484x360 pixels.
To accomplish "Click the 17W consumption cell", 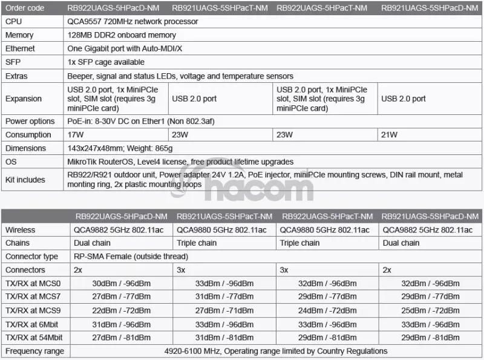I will pyautogui.click(x=76, y=134).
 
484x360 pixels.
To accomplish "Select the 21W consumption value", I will pyautogui.click(x=390, y=134).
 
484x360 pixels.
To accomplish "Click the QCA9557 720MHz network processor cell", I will pyautogui.click(x=133, y=21).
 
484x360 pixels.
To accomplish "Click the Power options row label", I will pyautogui.click(x=30, y=121).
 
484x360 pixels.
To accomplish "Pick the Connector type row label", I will pyautogui.click(x=31, y=257).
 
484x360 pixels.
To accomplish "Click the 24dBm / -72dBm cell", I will pyautogui.click(x=327, y=310).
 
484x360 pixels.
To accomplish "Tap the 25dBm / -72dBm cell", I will pyautogui.click(x=431, y=310).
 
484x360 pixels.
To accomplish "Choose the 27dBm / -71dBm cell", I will pyautogui.click(x=223, y=310).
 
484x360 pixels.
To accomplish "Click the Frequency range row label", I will pyautogui.click(x=33, y=351).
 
